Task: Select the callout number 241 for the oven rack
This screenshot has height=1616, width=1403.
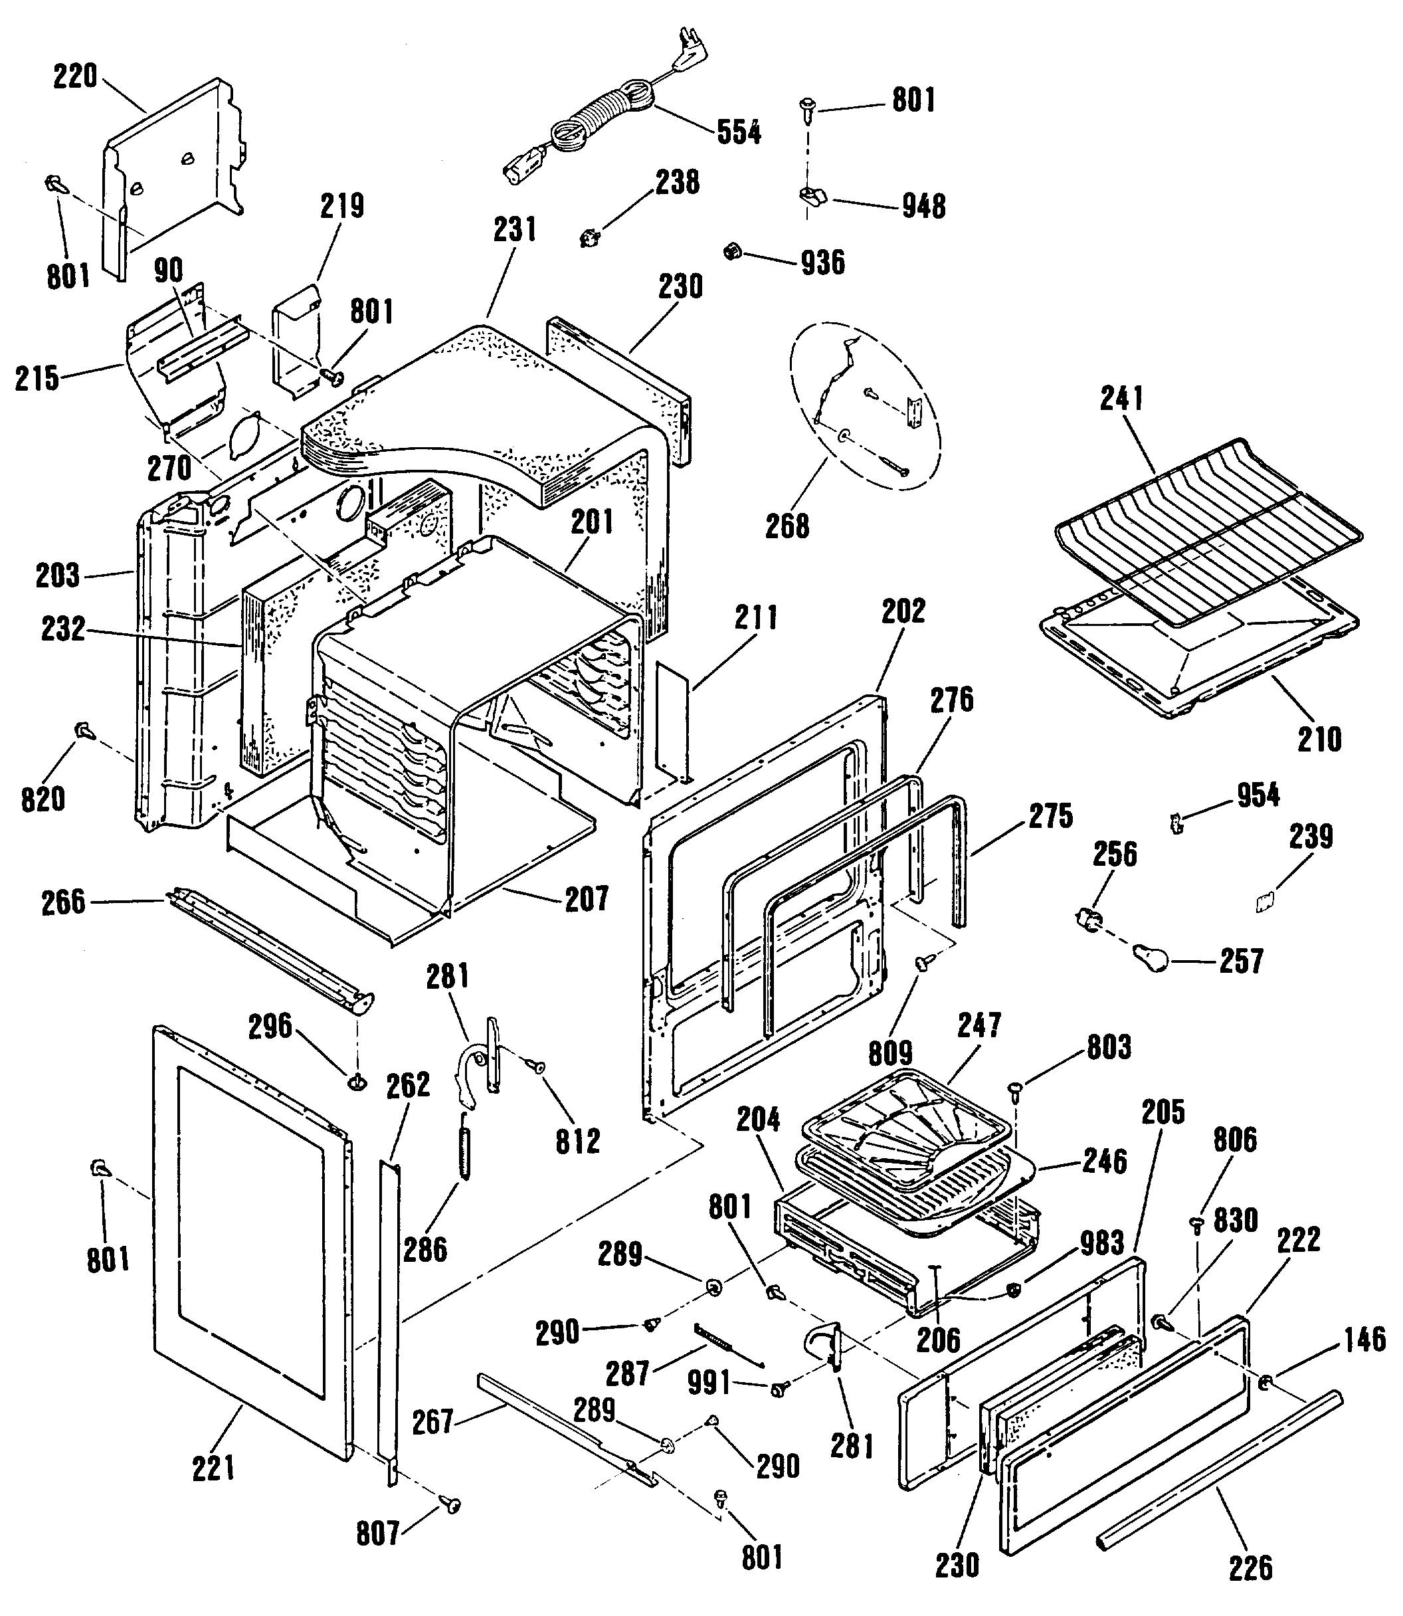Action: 1122,399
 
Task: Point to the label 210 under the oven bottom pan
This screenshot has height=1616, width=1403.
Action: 1319,738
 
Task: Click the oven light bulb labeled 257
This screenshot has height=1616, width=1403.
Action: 1149,958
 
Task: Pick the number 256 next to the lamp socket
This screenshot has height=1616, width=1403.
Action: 1114,855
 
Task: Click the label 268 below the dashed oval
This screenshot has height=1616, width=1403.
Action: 787,527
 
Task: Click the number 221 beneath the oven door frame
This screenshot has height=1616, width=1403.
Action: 214,1468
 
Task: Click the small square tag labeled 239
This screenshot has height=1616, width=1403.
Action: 1262,904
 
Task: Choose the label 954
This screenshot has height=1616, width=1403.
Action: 1258,795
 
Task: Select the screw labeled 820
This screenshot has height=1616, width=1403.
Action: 82,732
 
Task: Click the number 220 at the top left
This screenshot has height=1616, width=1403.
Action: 75,76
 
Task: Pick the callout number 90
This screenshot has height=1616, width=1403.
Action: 168,270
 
